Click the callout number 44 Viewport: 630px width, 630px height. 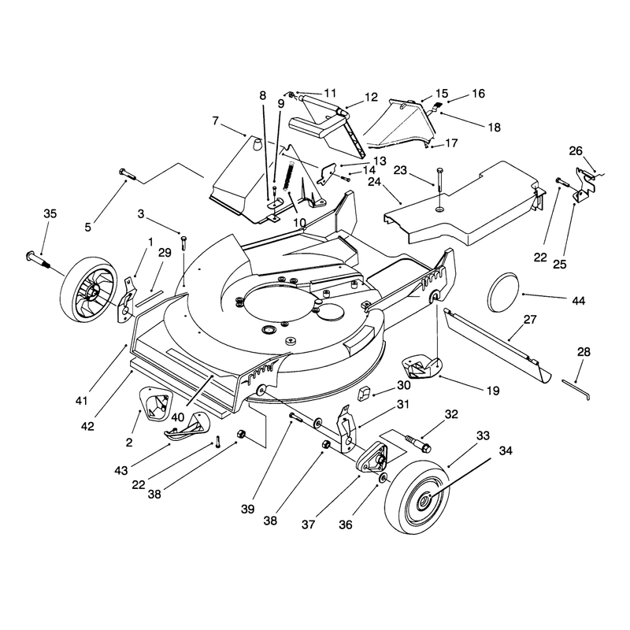tap(579, 301)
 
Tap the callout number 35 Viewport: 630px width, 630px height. tap(50, 213)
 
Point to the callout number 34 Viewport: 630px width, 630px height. tap(506, 450)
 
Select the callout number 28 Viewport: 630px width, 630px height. tap(584, 352)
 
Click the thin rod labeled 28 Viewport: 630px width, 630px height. tap(576, 389)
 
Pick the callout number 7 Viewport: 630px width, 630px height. tap(216, 120)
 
